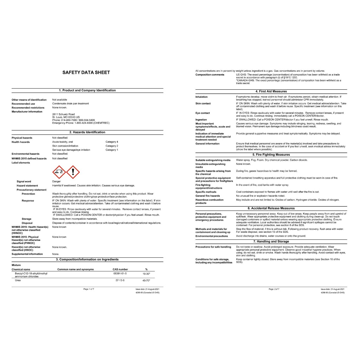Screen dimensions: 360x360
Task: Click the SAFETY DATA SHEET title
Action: click(x=86, y=72)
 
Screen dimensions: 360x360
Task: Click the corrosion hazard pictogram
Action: click(x=59, y=172)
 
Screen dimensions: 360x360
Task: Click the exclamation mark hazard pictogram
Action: click(x=73, y=172)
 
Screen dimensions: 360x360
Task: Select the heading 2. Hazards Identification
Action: click(x=87, y=132)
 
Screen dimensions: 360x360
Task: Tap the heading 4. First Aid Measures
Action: click(x=271, y=91)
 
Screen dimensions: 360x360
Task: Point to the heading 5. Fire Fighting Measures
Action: click(x=271, y=155)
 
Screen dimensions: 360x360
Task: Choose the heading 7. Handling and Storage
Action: click(x=271, y=242)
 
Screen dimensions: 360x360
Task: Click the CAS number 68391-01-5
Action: click(x=120, y=273)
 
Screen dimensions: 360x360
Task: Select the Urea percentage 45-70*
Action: click(x=146, y=281)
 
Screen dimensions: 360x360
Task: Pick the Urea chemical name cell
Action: click(x=18, y=281)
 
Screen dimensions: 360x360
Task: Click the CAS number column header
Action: click(x=120, y=269)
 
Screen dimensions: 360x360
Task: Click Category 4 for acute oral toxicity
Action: click(x=112, y=142)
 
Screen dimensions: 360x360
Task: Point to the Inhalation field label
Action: click(x=201, y=97)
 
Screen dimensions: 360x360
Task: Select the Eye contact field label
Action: click(x=202, y=113)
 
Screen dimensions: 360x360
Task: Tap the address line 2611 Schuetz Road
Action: click(x=63, y=114)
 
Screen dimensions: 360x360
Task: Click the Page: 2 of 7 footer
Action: click(x=274, y=289)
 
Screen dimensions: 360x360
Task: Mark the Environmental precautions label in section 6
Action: click(x=212, y=236)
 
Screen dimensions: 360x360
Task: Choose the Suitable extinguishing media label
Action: click(x=213, y=160)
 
